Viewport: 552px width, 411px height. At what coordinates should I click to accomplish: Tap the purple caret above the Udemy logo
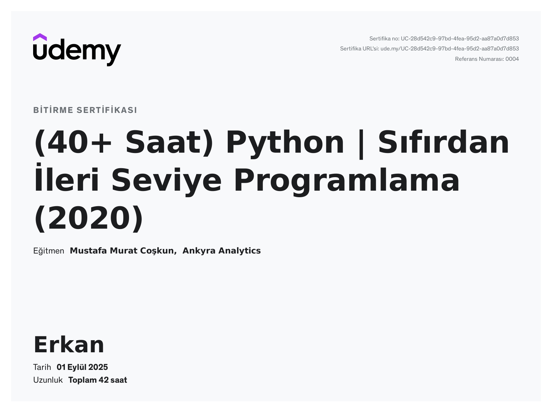[x=40, y=37]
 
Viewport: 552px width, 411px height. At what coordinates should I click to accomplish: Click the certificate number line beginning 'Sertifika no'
[x=444, y=39]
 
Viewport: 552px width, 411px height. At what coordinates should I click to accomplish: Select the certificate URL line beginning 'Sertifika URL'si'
[x=429, y=49]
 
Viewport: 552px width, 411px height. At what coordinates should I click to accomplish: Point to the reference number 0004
[x=512, y=59]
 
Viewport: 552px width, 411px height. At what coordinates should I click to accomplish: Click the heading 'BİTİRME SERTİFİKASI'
[x=85, y=110]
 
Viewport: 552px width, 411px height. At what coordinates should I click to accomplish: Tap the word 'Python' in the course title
[x=285, y=142]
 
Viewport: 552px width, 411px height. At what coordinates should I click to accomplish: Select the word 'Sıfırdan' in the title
[x=444, y=142]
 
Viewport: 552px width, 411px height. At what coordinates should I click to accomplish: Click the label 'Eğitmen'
[x=49, y=251]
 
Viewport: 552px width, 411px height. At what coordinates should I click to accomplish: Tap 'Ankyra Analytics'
[x=221, y=251]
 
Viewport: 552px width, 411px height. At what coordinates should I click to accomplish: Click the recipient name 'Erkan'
[x=69, y=345]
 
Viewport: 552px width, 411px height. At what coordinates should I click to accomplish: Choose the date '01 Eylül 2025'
[x=82, y=367]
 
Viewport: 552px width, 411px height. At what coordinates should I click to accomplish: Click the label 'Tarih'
[x=42, y=367]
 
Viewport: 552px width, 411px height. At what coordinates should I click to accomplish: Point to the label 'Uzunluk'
[x=48, y=380]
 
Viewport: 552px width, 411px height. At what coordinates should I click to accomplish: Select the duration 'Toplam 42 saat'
[x=98, y=380]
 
